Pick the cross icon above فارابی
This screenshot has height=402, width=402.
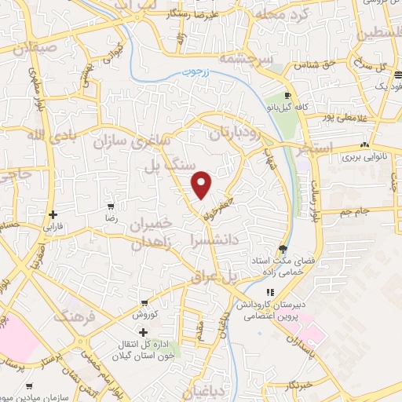pyautogui.click(x=53, y=214)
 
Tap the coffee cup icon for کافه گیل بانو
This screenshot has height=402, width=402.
pyautogui.click(x=288, y=95)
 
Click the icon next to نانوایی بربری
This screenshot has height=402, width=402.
pyautogui.click(x=364, y=145)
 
